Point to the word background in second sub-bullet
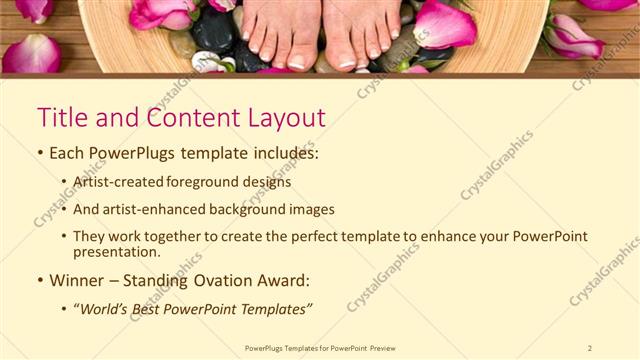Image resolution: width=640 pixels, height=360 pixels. pos(233,210)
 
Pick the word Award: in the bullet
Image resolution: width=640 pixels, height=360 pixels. pos(283,280)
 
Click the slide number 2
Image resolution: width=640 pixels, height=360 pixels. pos(590,348)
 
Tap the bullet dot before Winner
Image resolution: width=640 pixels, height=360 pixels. pos(40,281)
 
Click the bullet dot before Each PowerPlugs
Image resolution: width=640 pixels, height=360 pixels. pos(40,156)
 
